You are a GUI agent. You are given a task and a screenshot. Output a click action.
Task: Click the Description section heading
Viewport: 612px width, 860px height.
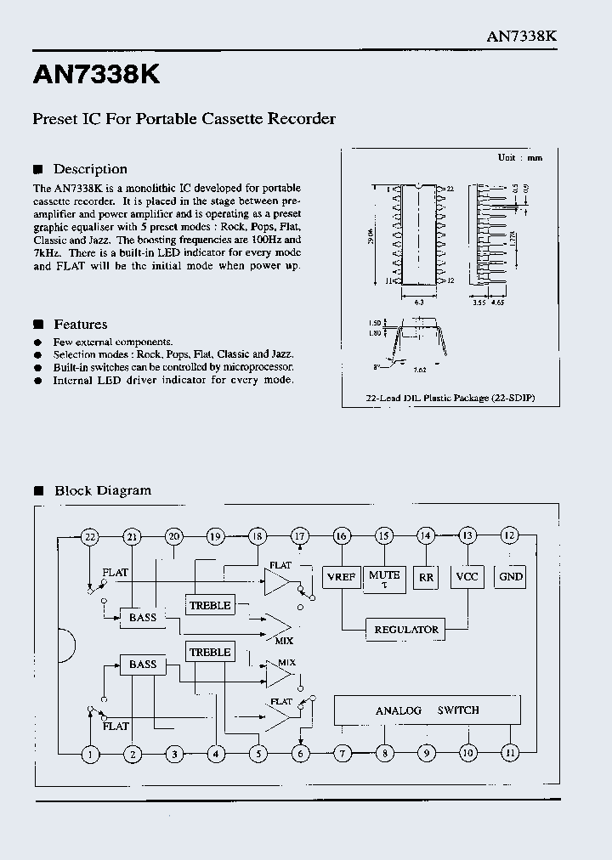pyautogui.click(x=89, y=169)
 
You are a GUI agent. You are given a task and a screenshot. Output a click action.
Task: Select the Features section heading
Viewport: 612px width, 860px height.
pyautogui.click(x=80, y=324)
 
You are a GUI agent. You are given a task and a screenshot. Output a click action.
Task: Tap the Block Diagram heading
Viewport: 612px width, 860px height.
pyautogui.click(x=102, y=490)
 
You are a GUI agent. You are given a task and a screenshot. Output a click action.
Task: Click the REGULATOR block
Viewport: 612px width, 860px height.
pyautogui.click(x=406, y=630)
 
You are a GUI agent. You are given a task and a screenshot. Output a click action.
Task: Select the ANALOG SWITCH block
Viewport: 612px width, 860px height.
pyautogui.click(x=427, y=710)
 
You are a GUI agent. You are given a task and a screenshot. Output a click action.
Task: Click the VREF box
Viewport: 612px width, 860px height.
pyautogui.click(x=342, y=577)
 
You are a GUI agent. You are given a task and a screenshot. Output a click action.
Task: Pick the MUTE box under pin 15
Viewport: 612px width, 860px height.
pyautogui.click(x=383, y=577)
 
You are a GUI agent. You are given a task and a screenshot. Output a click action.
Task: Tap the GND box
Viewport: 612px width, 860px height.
pyautogui.click(x=511, y=577)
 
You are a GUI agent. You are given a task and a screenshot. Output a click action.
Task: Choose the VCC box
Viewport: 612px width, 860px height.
pyautogui.click(x=467, y=577)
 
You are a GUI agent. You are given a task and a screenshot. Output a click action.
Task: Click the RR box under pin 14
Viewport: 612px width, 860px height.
pyautogui.click(x=426, y=578)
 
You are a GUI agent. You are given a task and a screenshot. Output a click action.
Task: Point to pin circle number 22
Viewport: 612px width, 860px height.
pyautogui.click(x=90, y=536)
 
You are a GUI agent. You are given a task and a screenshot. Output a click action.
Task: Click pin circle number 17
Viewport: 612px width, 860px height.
pyautogui.click(x=300, y=536)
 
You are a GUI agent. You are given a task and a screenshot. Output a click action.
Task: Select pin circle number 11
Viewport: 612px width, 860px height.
pyautogui.click(x=510, y=753)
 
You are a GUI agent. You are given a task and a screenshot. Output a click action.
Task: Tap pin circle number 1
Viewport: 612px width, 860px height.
pyautogui.click(x=90, y=753)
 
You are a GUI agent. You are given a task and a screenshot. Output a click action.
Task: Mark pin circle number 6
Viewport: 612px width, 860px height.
pyautogui.click(x=300, y=753)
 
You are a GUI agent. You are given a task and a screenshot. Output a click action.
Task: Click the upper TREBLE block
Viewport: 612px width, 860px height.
pyautogui.click(x=210, y=605)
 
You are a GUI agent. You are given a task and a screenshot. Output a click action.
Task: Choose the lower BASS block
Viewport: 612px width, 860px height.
pyautogui.click(x=143, y=665)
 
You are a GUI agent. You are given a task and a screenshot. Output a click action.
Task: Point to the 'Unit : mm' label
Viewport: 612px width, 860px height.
pyautogui.click(x=519, y=158)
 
